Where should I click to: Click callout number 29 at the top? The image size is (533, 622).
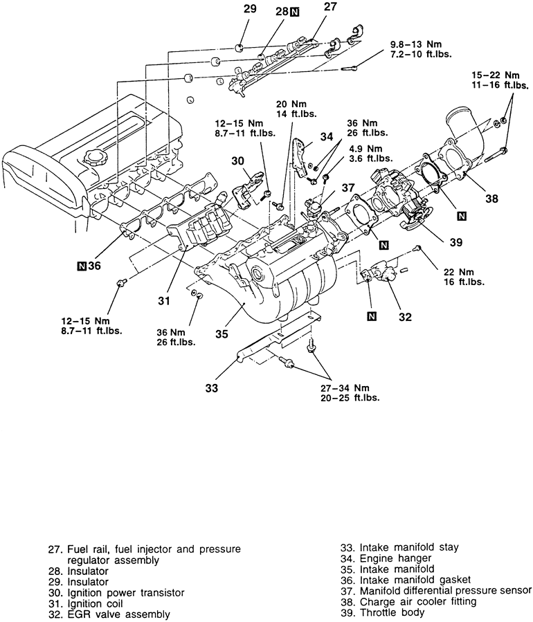pyautogui.click(x=250, y=9)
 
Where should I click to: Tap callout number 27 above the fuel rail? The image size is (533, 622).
pyautogui.click(x=330, y=6)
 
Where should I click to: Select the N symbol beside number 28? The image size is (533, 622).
pyautogui.click(x=294, y=12)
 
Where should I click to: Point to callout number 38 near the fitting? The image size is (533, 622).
pyautogui.click(x=491, y=198)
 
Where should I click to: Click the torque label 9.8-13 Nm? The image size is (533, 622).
pyautogui.click(x=416, y=44)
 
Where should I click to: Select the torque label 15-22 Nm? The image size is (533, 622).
pyautogui.click(x=496, y=75)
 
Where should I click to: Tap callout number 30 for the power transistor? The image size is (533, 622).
pyautogui.click(x=237, y=161)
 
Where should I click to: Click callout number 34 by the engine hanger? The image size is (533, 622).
pyautogui.click(x=327, y=137)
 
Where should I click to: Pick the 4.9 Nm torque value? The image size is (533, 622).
pyautogui.click(x=365, y=149)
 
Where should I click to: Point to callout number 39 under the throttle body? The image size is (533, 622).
pyautogui.click(x=456, y=242)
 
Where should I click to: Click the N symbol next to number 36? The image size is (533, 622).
pyautogui.click(x=82, y=266)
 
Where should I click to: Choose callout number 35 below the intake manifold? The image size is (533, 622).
pyautogui.click(x=222, y=334)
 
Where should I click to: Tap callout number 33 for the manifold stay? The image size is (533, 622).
pyautogui.click(x=212, y=387)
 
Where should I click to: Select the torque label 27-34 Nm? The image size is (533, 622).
pyautogui.click(x=345, y=388)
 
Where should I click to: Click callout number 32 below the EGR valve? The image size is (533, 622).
pyautogui.click(x=405, y=317)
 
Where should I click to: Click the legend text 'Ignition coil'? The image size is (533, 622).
pyautogui.click(x=95, y=603)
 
